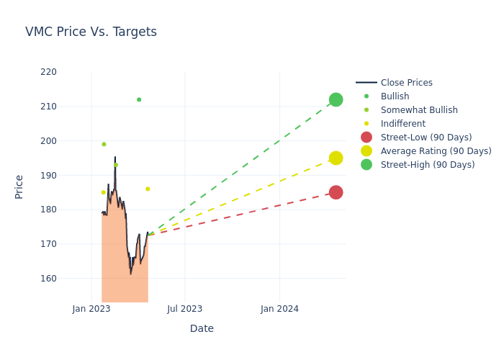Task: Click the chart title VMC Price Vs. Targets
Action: [x=91, y=32]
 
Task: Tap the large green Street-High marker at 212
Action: [x=336, y=99]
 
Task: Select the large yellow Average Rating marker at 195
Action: [x=336, y=158]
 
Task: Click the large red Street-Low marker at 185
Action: [x=336, y=192]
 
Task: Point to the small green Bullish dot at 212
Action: [x=139, y=99]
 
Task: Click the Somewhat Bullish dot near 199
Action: [x=104, y=144]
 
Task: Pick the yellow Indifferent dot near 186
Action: [x=148, y=189]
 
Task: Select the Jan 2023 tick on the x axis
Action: [x=91, y=309]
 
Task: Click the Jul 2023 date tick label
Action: [x=184, y=309]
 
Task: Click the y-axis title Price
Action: [x=19, y=186]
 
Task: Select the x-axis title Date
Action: [x=202, y=328]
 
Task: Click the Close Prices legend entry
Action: [x=406, y=83]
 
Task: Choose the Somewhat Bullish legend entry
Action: [x=419, y=110]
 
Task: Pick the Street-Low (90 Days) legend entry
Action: [x=426, y=138]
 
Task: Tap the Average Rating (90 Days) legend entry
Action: [x=436, y=151]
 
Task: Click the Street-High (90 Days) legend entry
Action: [x=428, y=165]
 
